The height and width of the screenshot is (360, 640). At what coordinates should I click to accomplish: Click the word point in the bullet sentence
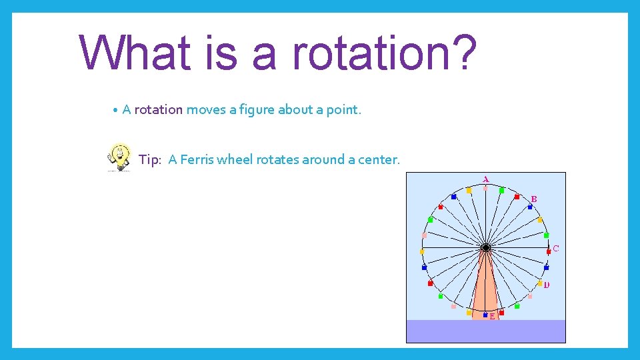pos(343,110)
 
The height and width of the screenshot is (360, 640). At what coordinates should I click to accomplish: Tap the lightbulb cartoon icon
pos(119,157)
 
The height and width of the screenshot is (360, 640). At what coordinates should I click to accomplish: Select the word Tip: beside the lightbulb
pos(150,160)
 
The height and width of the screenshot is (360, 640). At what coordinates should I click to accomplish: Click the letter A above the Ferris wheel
pos(485,179)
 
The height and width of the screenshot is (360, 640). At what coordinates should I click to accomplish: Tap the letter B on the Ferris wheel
pos(534,199)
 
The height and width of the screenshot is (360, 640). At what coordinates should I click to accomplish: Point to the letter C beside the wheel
pos(556,249)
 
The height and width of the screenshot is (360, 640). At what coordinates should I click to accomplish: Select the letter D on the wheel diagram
pos(547,285)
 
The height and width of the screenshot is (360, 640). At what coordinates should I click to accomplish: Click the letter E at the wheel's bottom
pos(492,317)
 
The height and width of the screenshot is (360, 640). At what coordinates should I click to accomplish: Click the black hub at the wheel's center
pos(486,248)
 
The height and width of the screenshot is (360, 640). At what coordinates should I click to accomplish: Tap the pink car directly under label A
pos(485,188)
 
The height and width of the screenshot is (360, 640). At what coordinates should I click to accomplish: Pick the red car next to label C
pos(549,252)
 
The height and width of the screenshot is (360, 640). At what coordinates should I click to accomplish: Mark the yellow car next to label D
pos(540,283)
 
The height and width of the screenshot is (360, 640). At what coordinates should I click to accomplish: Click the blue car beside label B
pos(530,207)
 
